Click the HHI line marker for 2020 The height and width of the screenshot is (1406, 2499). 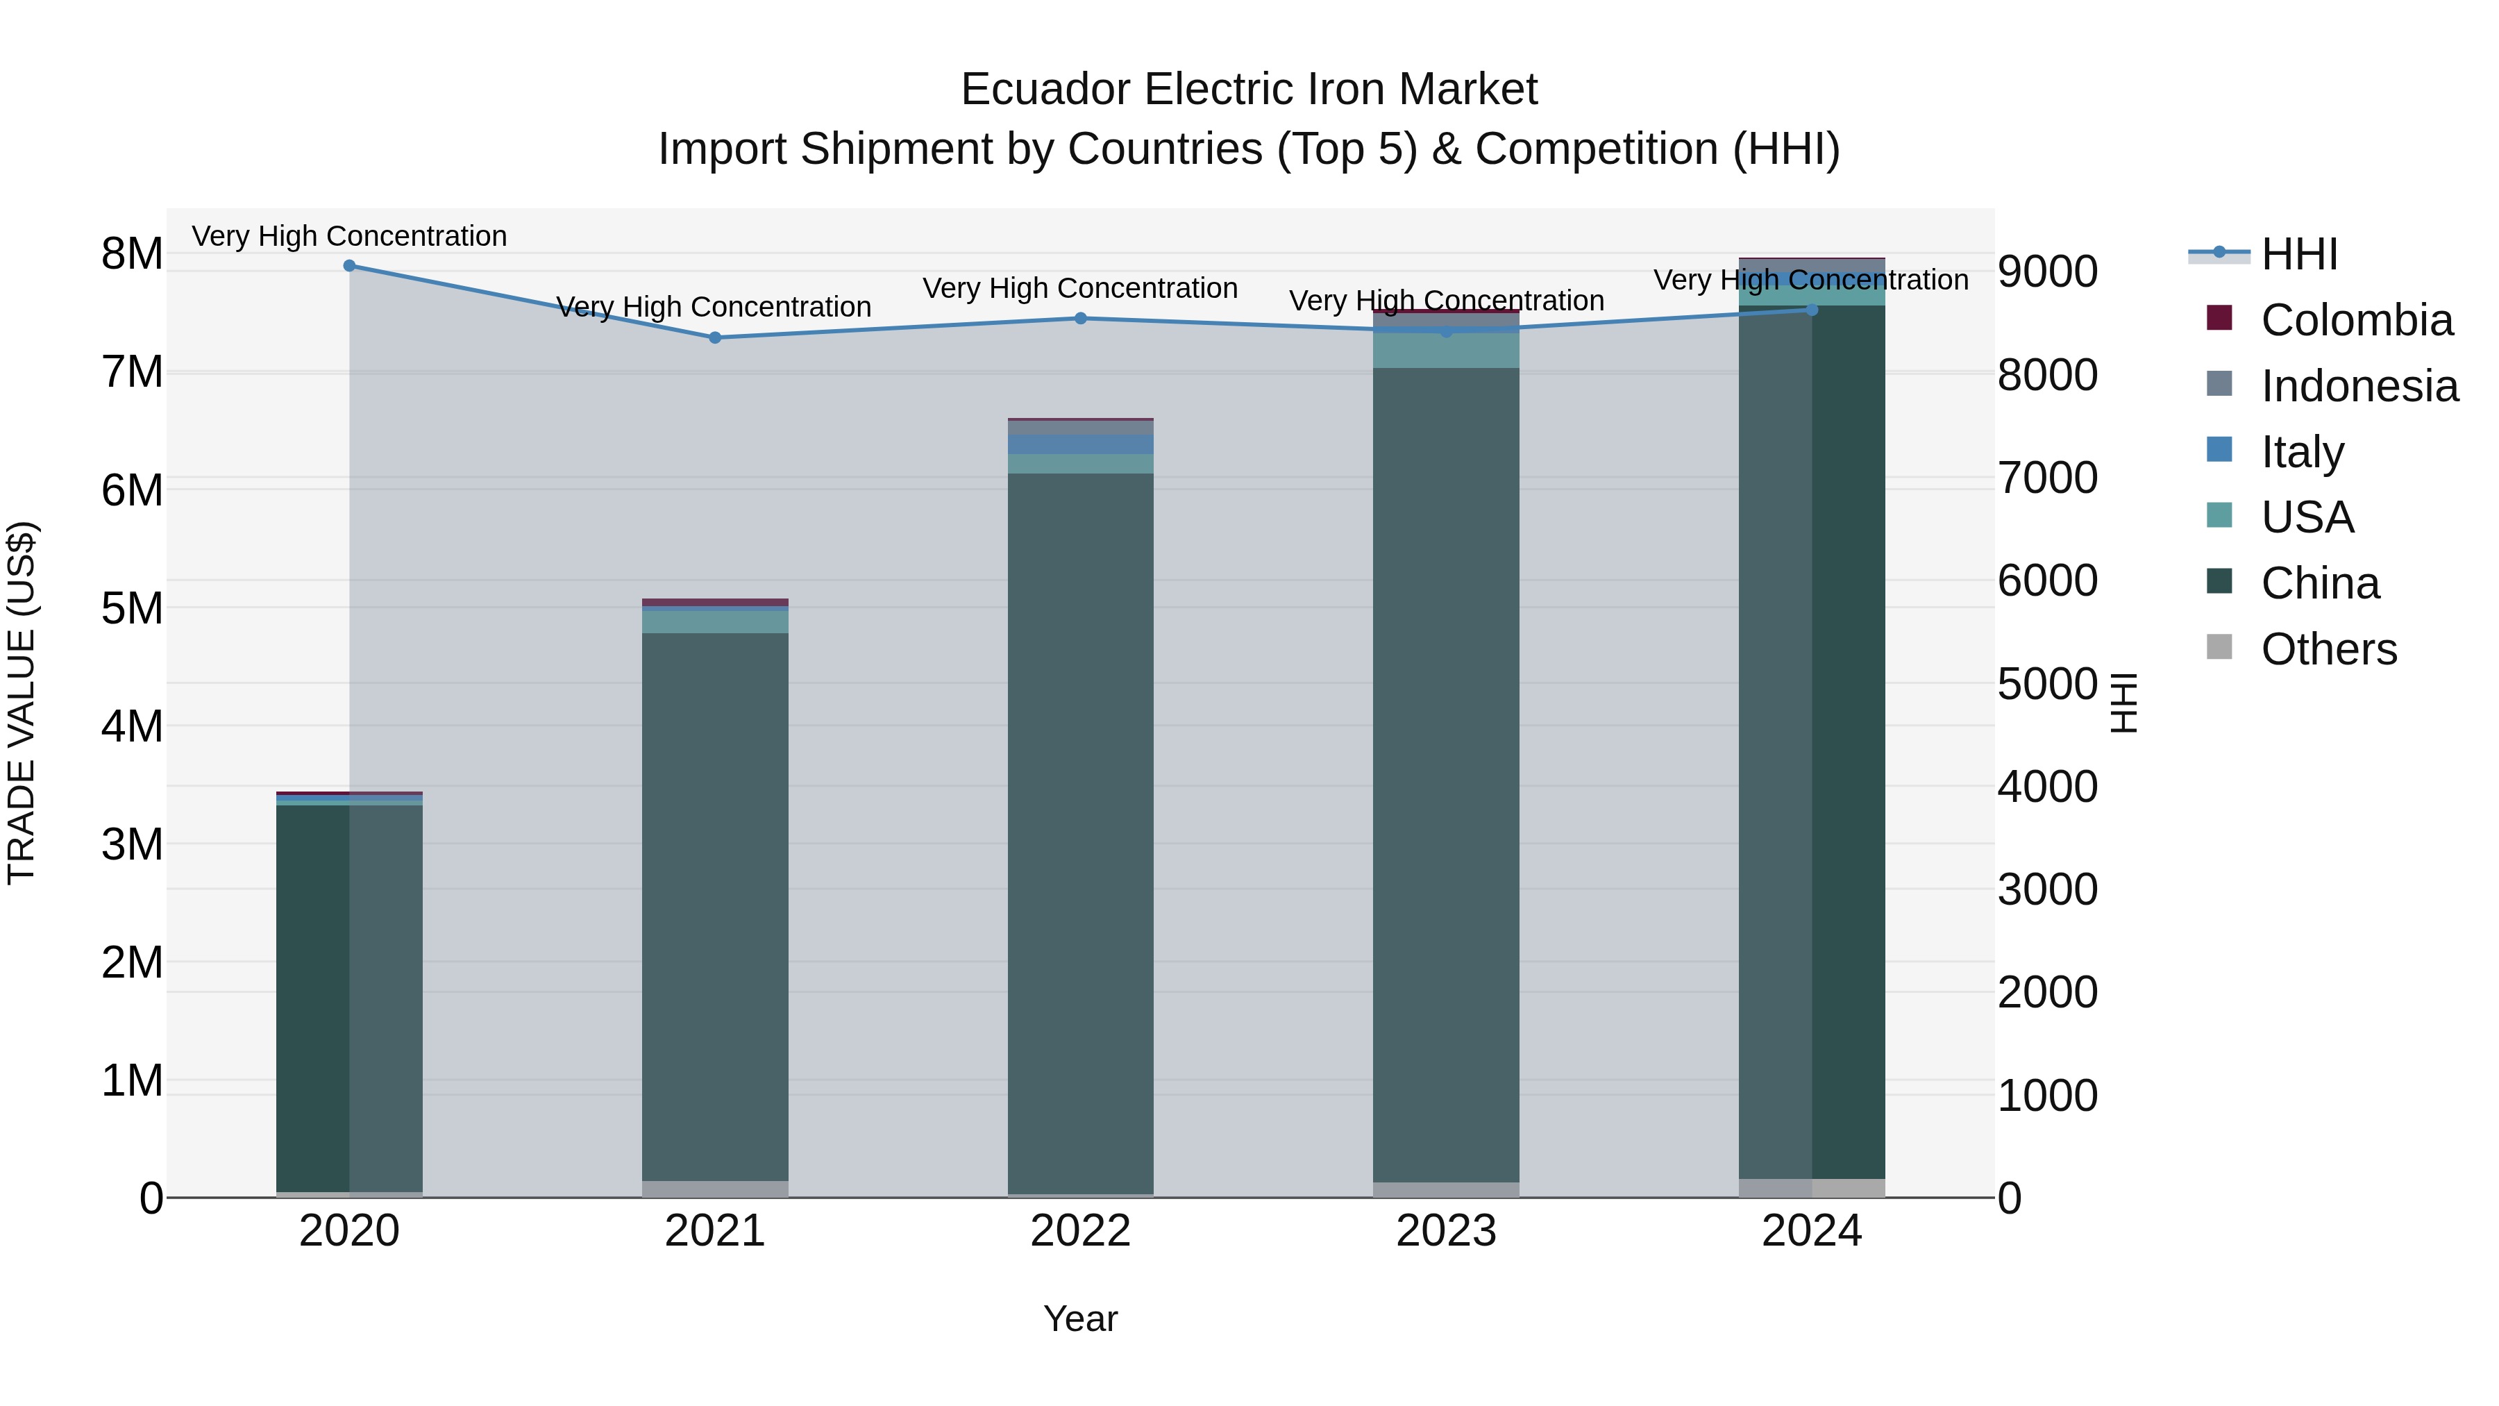(349, 266)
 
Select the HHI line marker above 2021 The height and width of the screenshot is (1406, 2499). (715, 337)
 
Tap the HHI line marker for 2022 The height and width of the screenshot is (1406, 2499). (1081, 318)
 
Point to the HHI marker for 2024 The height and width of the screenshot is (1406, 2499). (1811, 310)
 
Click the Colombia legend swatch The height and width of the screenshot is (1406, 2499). (2219, 318)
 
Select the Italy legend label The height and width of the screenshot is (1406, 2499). (2302, 452)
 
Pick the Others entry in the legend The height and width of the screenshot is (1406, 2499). (2328, 649)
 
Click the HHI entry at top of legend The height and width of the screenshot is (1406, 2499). (2298, 254)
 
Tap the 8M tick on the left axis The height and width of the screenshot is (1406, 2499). (132, 254)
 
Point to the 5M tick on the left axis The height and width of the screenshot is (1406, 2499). (132, 608)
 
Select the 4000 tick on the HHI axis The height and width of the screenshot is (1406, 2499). (2047, 787)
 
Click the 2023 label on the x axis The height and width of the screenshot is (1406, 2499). (1445, 1231)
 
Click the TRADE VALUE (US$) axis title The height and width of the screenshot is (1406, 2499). (22, 703)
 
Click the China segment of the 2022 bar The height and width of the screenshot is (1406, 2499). (1081, 835)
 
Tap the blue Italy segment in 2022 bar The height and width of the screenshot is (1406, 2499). (1081, 444)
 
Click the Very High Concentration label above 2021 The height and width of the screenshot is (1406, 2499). (714, 307)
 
